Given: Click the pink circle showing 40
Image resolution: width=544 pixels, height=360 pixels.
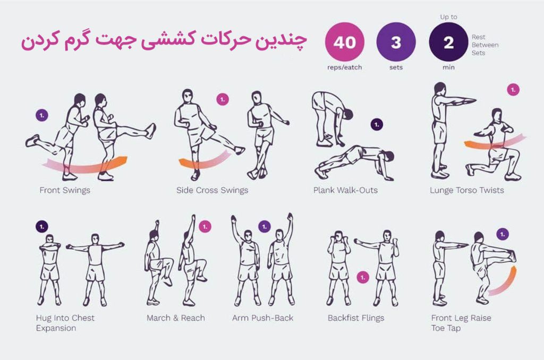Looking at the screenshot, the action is pyautogui.click(x=344, y=42).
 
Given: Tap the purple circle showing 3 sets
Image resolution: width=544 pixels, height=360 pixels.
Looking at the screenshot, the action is pyautogui.click(x=396, y=42).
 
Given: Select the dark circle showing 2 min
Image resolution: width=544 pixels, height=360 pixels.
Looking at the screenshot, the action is pyautogui.click(x=448, y=42).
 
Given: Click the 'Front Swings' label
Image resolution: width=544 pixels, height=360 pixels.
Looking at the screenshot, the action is pyautogui.click(x=65, y=190).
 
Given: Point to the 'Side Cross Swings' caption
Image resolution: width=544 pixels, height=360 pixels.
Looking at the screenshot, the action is pyautogui.click(x=212, y=190).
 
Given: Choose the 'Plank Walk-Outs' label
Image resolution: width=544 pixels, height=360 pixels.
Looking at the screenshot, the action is pyautogui.click(x=345, y=190).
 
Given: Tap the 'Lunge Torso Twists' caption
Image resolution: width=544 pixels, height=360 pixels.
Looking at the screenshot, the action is pyautogui.click(x=466, y=190).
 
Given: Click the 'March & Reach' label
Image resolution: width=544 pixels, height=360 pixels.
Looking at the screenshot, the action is pyautogui.click(x=175, y=318).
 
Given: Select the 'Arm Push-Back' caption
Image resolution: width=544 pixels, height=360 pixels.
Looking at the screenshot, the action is pyautogui.click(x=262, y=318).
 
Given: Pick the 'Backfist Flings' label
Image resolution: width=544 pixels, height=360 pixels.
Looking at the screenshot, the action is pyautogui.click(x=356, y=318).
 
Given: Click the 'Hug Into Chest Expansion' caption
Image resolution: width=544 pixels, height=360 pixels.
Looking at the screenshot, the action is pyautogui.click(x=65, y=323).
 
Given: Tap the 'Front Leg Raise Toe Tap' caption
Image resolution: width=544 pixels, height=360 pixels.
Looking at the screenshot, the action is pyautogui.click(x=461, y=323).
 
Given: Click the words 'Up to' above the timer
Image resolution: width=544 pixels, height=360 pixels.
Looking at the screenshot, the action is pyautogui.click(x=448, y=16).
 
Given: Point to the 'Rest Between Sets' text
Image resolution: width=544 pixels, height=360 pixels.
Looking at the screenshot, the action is pyautogui.click(x=485, y=45).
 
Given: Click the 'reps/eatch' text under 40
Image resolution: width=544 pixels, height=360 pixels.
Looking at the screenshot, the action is pyautogui.click(x=344, y=67).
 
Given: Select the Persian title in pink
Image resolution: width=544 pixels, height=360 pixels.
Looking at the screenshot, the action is pyautogui.click(x=164, y=40).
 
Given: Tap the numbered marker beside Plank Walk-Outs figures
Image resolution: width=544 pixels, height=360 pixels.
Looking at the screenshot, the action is pyautogui.click(x=377, y=124).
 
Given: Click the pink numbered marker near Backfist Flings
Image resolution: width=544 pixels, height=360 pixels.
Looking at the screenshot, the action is pyautogui.click(x=363, y=278).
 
